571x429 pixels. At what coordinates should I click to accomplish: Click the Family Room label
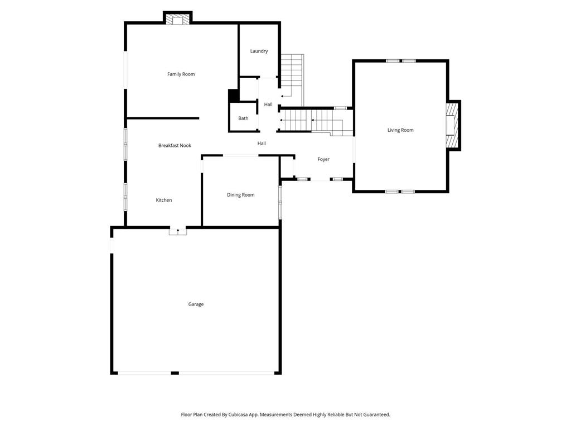click(x=181, y=74)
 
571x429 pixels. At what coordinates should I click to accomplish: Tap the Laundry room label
click(x=259, y=51)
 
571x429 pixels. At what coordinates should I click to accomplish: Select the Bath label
click(x=243, y=118)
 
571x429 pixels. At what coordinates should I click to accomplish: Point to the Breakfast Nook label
click(x=175, y=145)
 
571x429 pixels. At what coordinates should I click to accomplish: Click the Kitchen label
click(x=164, y=200)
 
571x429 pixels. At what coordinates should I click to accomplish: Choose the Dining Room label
click(x=241, y=195)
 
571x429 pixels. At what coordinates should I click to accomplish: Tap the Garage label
click(x=196, y=304)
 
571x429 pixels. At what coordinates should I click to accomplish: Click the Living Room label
click(x=400, y=130)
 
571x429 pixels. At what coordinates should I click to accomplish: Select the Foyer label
click(x=323, y=159)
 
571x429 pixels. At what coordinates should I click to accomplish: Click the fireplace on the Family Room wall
click(x=178, y=18)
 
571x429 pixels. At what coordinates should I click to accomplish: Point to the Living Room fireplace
click(x=452, y=125)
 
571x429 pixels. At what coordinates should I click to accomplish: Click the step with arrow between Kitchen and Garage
click(x=178, y=231)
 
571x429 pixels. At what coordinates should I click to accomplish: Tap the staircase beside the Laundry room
click(x=292, y=80)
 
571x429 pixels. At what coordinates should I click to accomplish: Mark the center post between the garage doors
click(x=175, y=373)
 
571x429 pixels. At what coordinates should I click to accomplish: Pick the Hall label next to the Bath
click(x=268, y=104)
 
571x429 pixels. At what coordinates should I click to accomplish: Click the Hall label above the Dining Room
click(x=262, y=144)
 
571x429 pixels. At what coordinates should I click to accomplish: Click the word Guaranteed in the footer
click(x=378, y=415)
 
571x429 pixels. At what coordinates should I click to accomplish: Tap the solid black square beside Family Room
click(x=233, y=96)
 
